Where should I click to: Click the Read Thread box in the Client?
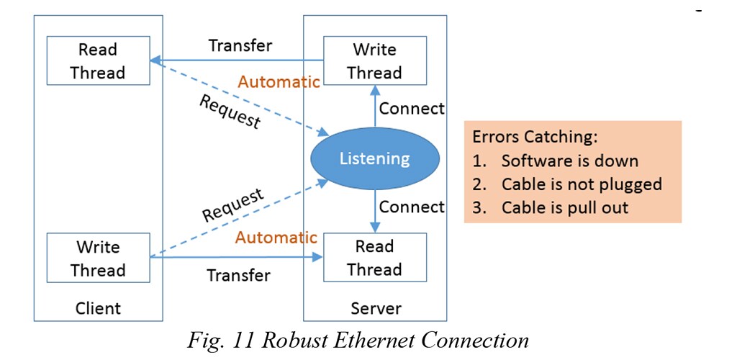tap(98, 61)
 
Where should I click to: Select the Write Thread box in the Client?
tap(98, 258)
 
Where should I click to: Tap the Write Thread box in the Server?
tap(374, 61)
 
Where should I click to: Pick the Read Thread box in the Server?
tap(374, 258)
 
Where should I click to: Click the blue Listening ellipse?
tap(374, 158)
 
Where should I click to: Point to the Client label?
tap(98, 309)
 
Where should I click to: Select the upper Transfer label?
tap(240, 46)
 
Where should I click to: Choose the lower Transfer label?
tap(239, 275)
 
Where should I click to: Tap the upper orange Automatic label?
tap(279, 81)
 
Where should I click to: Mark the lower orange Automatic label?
tap(276, 237)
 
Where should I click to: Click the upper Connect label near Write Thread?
tap(412, 109)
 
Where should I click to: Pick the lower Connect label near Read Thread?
tap(412, 207)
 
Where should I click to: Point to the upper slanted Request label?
tap(229, 112)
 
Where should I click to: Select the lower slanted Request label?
tap(232, 204)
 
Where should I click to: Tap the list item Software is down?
tap(569, 161)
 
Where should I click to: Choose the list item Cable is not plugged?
tap(581, 184)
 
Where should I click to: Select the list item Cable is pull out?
tap(564, 207)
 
